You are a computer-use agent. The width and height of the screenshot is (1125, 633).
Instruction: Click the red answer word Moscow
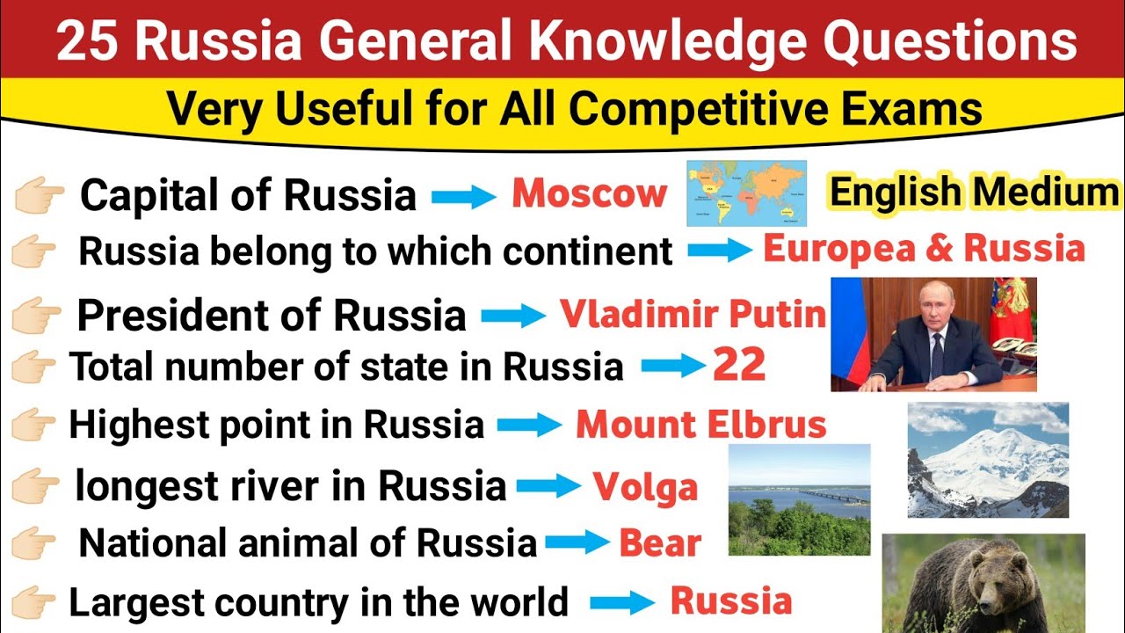point(589,194)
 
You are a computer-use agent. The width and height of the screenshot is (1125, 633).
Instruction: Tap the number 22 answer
point(739,365)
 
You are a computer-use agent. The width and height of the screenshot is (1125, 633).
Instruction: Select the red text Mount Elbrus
point(701,426)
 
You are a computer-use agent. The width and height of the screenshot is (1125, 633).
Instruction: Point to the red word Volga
point(645,486)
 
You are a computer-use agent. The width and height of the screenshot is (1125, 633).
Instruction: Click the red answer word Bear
point(660,544)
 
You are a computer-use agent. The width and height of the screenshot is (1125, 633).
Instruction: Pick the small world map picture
point(746,193)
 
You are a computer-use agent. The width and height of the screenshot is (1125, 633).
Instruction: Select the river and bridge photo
point(799,499)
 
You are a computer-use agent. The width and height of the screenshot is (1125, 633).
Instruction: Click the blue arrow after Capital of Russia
point(464,197)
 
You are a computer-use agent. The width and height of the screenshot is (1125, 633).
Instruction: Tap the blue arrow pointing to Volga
point(548,486)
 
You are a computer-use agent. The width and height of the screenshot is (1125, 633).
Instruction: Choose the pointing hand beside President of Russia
point(38,314)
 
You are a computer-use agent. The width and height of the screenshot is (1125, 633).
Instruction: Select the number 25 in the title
point(85,42)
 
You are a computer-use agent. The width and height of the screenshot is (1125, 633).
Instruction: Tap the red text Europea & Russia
point(924,250)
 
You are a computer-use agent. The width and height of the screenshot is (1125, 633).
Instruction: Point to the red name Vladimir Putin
point(693,313)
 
